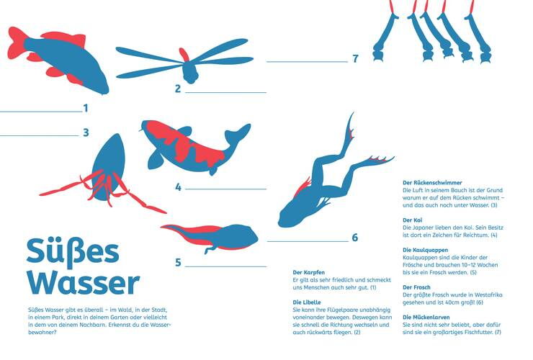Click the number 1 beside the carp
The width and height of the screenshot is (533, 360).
pyautogui.click(x=86, y=108)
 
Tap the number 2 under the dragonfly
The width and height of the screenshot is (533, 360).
pyautogui.click(x=178, y=89)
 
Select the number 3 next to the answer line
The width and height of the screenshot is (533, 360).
pyautogui.click(x=86, y=132)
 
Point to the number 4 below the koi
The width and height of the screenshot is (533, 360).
pyautogui.click(x=178, y=187)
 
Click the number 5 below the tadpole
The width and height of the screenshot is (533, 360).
pyautogui.click(x=178, y=262)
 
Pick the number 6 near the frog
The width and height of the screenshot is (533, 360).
pyautogui.click(x=355, y=238)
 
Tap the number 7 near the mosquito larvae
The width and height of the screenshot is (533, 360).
pyautogui.click(x=355, y=58)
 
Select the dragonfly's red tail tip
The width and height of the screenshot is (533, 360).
pyautogui.click(x=184, y=55)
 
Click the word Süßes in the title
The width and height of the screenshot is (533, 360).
pyautogui.click(x=73, y=251)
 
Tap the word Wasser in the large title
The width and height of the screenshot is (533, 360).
pyautogui.click(x=84, y=283)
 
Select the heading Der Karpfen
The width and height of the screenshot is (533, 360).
pyautogui.click(x=309, y=272)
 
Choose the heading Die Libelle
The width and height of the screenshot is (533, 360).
pyautogui.click(x=307, y=302)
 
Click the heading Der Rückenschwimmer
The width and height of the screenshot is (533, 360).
pyautogui.click(x=432, y=183)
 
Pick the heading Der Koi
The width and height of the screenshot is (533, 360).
pyautogui.click(x=412, y=220)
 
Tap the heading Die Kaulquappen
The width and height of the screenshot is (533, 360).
pyautogui.click(x=425, y=250)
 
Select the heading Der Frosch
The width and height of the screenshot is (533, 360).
pyautogui.click(x=416, y=287)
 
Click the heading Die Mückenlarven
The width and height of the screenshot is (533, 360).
pyautogui.click(x=426, y=318)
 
